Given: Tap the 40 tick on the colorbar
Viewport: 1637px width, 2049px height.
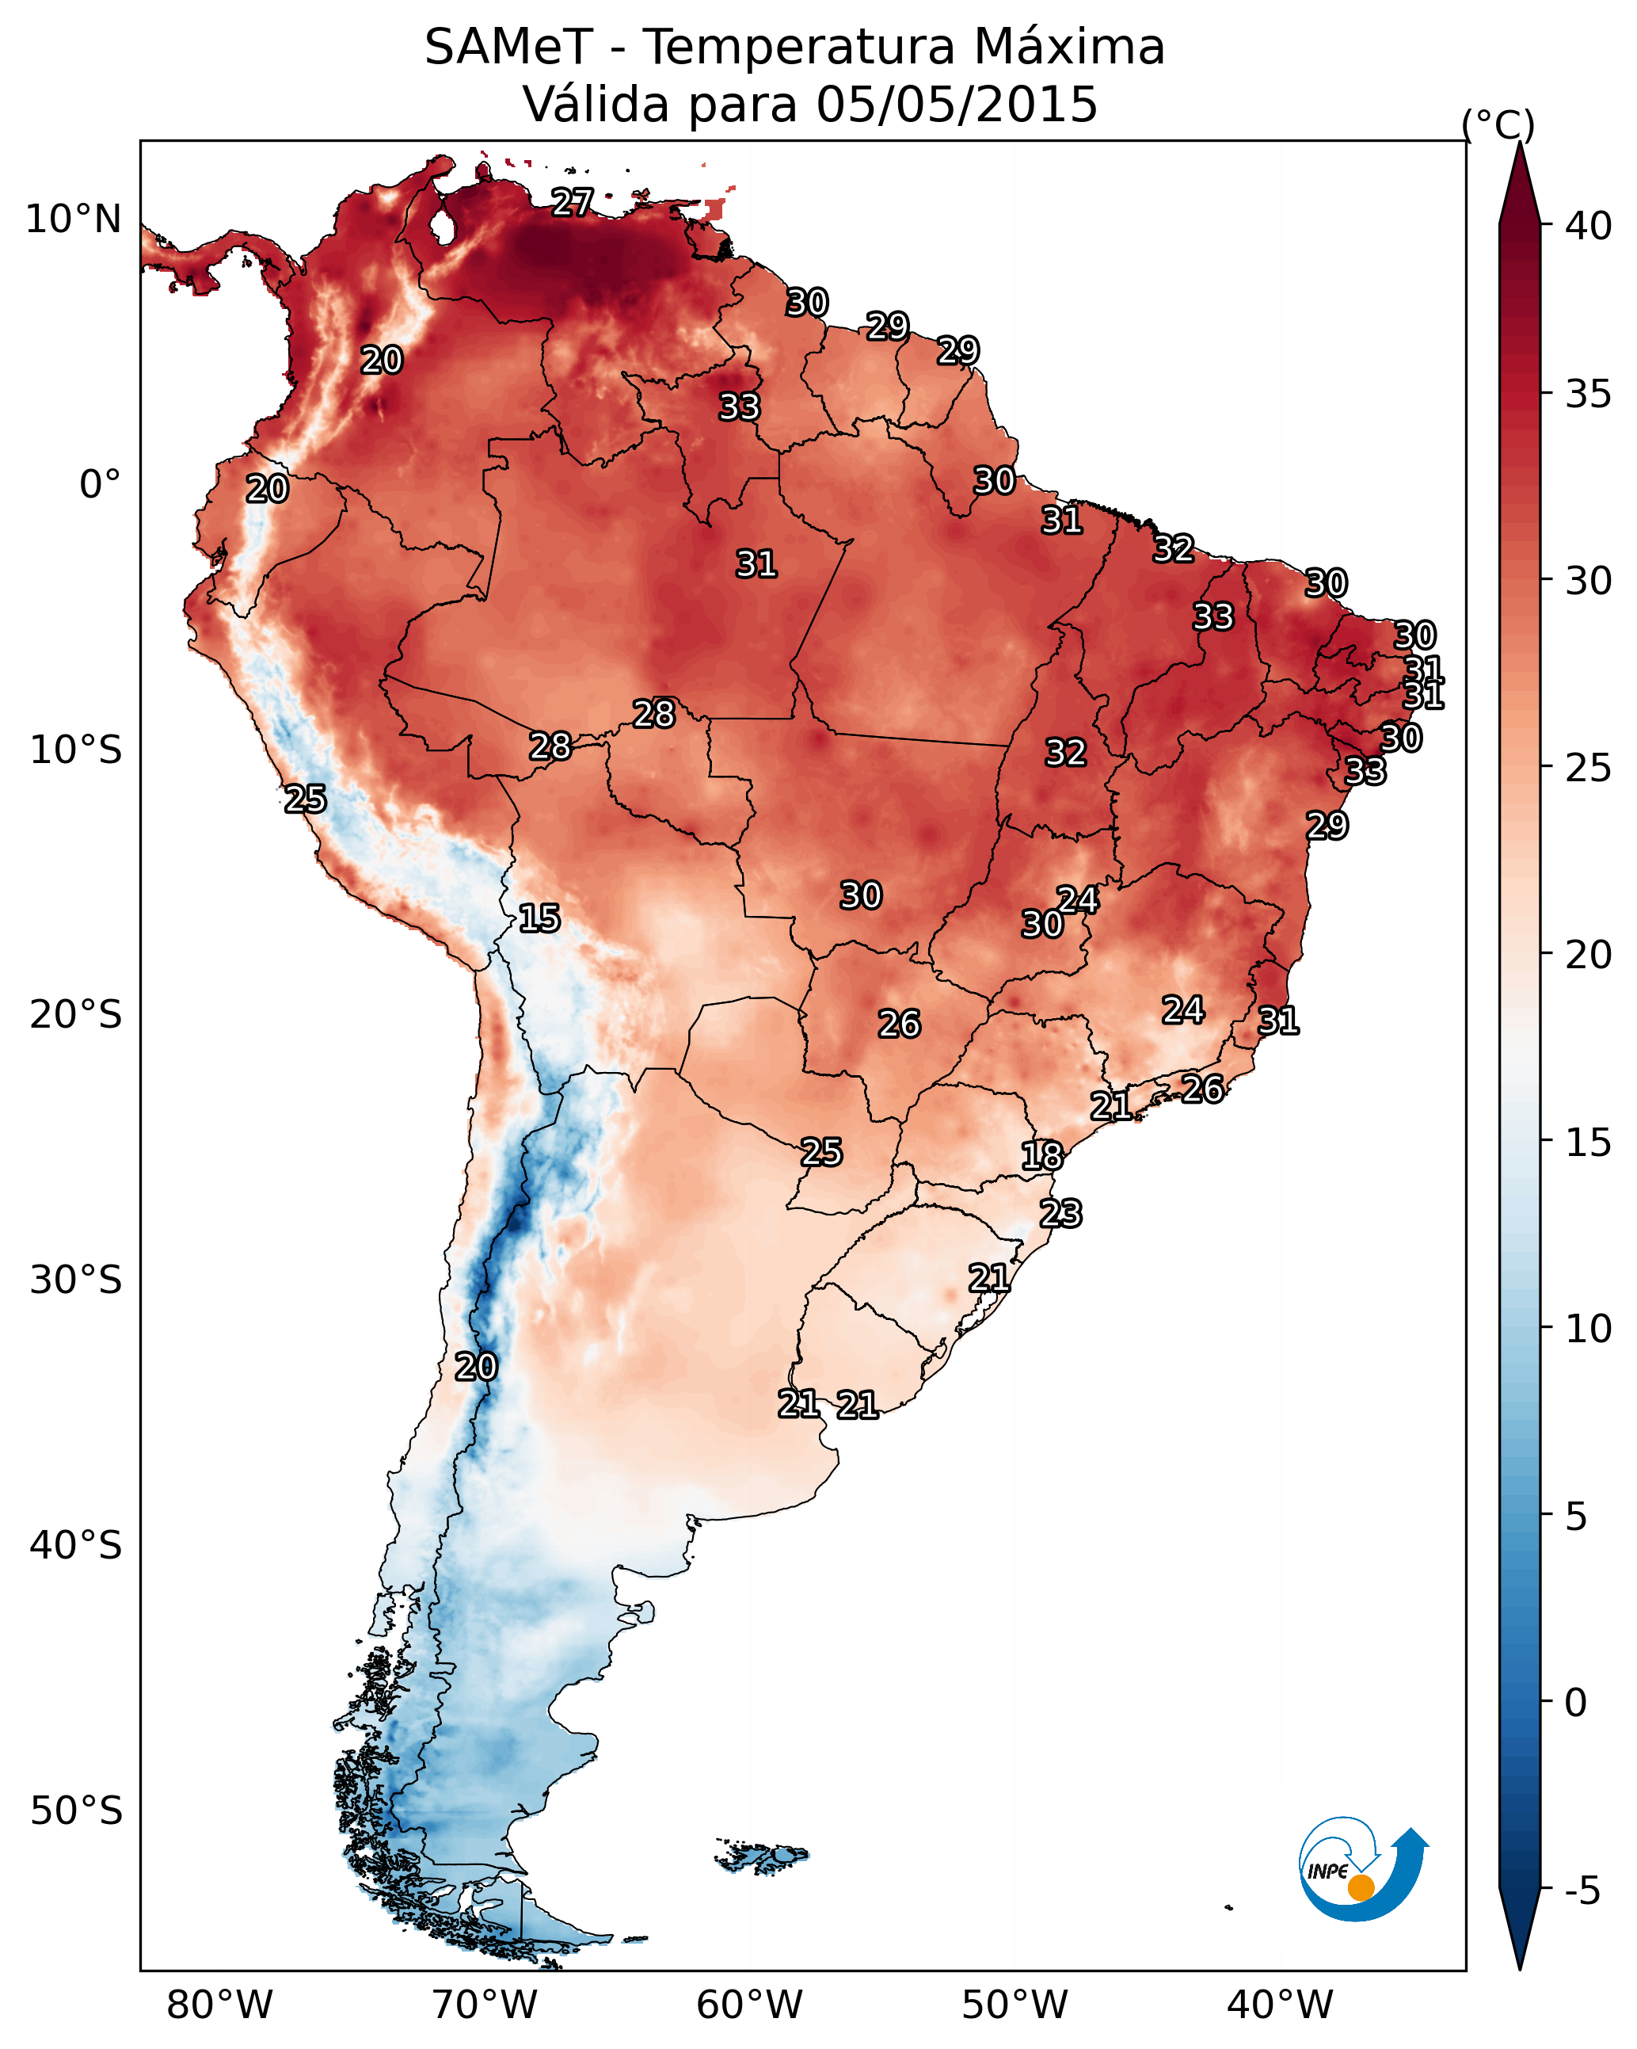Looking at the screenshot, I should [x=1588, y=226].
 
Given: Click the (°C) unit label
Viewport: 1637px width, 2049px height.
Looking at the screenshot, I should [x=1498, y=124].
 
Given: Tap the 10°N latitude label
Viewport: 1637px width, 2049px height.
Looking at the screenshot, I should [x=73, y=219].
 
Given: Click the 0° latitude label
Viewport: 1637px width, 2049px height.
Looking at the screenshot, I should [x=100, y=485].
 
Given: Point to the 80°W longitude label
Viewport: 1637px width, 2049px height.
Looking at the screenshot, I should [x=219, y=2005].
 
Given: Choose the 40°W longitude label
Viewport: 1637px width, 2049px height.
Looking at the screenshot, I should [x=1280, y=2005].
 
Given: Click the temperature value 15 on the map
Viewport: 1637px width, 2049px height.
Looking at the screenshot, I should [x=539, y=918].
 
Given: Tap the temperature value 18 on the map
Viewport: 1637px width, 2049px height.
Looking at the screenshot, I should [x=1041, y=1156].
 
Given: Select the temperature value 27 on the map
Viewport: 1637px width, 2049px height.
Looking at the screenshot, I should [x=572, y=202].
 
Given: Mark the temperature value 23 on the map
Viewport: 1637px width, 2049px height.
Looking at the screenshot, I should [x=1060, y=1214].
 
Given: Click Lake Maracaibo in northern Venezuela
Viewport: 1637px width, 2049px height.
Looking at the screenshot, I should [x=442, y=226].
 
